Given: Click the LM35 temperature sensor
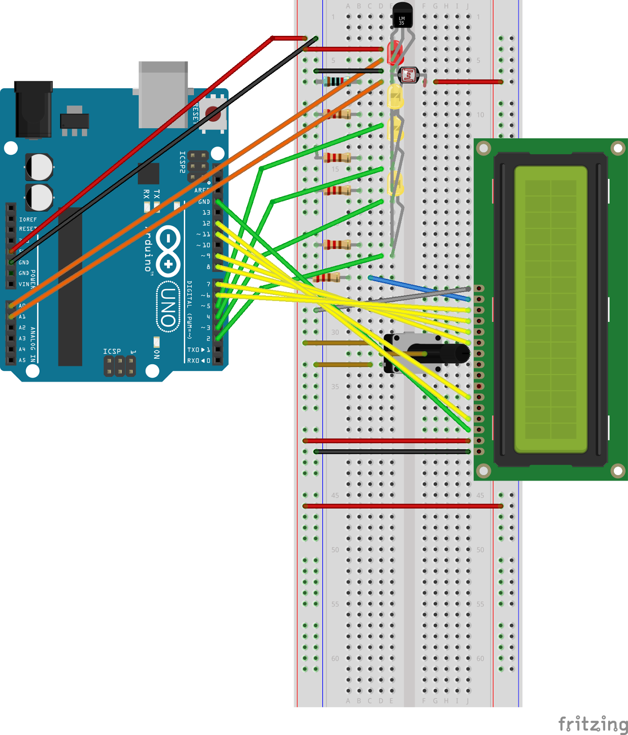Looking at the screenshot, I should pos(402,15).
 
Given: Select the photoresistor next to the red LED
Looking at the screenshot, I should pos(408,75).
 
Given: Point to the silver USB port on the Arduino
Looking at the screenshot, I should pos(163,94).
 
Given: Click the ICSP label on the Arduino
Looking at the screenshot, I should pos(112,351).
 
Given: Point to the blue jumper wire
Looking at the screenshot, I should pos(418,288).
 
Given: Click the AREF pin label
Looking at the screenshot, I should pos(202,190).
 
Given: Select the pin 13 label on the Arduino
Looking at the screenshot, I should pos(206,212).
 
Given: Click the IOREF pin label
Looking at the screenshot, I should pos(28,220).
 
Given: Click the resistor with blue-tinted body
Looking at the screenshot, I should pos(334,82).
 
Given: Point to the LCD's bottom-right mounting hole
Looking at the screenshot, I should pos(617,470).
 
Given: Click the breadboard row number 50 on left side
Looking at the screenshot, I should pos(335,549).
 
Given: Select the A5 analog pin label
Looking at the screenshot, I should pos(22,360).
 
